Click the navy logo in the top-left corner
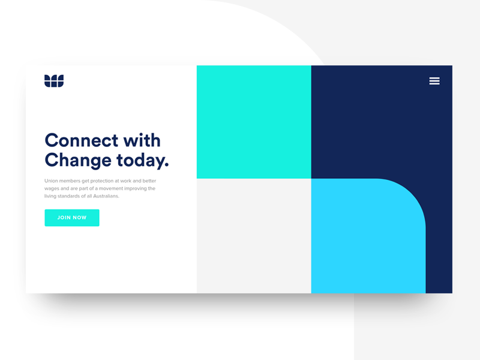54,80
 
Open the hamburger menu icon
434,81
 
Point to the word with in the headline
142,140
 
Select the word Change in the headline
78,160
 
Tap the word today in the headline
142,160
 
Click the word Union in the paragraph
52,181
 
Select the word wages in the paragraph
52,188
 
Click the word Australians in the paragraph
106,196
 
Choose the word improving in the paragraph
143,188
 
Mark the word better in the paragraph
148,181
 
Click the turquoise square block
254,122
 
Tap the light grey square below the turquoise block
254,236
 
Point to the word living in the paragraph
50,196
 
